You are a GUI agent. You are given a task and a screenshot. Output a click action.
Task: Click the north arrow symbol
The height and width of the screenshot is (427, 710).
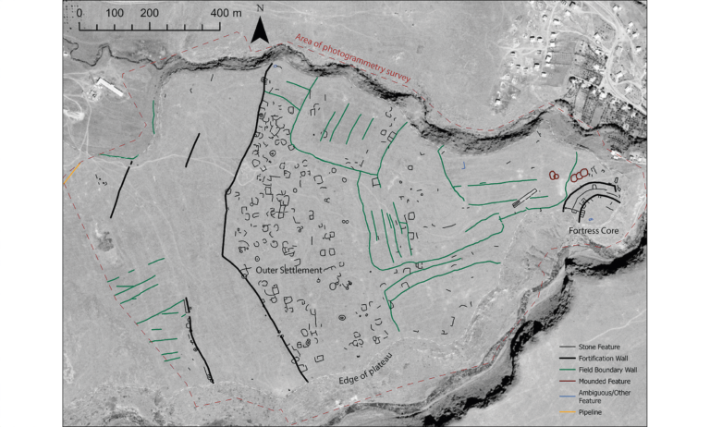pos(261,34)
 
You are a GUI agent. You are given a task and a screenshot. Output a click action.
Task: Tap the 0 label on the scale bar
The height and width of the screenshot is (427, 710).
pos(80,15)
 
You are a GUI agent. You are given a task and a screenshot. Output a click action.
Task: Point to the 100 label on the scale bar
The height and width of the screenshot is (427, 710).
pos(116,15)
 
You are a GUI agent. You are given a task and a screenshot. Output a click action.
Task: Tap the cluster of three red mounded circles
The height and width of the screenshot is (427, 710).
pos(580,174)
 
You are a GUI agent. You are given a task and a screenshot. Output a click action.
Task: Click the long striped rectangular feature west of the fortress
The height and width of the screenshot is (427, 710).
pos(523,199)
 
